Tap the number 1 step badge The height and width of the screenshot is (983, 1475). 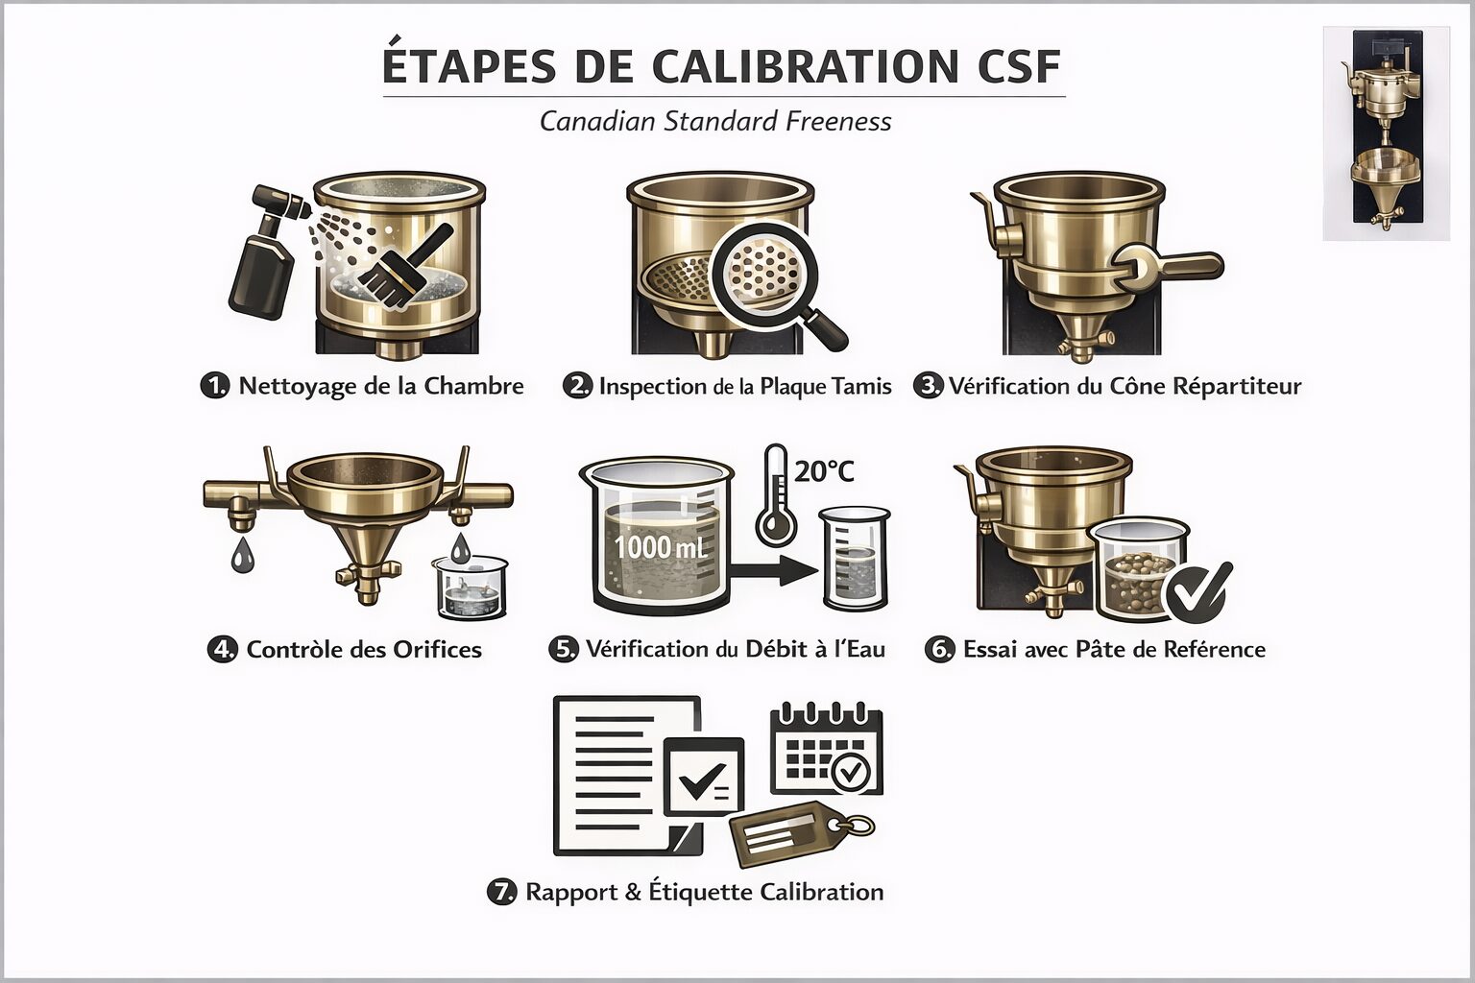pos(215,386)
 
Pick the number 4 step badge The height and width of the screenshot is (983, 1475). pos(223,649)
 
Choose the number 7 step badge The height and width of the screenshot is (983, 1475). pos(501,892)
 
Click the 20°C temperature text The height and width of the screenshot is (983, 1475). pos(825,471)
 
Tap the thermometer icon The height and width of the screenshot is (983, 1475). pos(776,495)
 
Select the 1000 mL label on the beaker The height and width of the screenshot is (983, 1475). pos(661,547)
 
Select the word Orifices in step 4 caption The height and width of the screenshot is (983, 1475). pos(437,650)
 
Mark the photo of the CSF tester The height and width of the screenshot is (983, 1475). pos(1386,133)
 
